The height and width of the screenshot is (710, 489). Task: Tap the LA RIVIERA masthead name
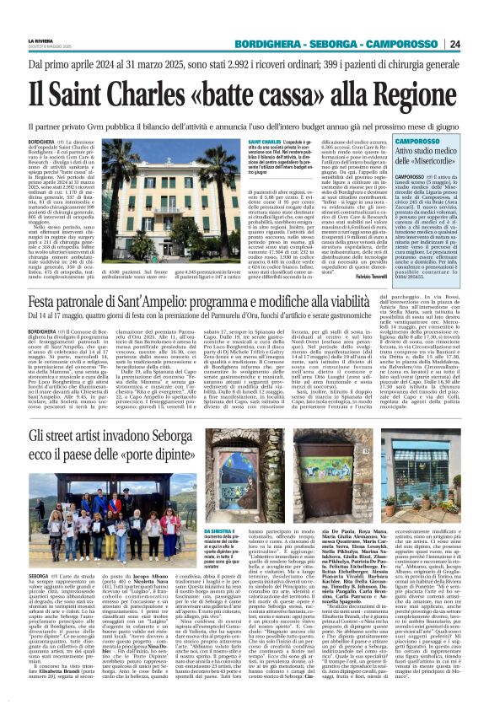(39, 40)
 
